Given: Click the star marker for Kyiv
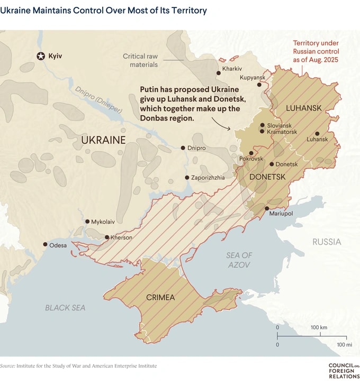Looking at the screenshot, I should (x=41, y=56).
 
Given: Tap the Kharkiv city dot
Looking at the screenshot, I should (x=218, y=73).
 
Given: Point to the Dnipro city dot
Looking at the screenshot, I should (x=183, y=148).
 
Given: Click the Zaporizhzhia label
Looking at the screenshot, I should (x=208, y=178).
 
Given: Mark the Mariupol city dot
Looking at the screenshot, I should (x=266, y=208).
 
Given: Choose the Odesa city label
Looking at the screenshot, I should (x=58, y=245).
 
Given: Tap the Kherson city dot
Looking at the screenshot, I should (x=107, y=237).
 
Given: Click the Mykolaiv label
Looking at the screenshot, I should (x=103, y=222).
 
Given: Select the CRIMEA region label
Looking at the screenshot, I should (x=160, y=297).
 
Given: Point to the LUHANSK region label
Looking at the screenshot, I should (x=303, y=108).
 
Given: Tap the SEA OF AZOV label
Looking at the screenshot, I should (x=239, y=260).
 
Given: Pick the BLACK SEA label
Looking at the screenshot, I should (x=65, y=307).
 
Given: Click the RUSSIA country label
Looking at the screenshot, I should (x=327, y=242).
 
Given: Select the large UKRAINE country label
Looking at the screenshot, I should (x=103, y=140).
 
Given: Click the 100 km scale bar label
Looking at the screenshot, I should (x=319, y=328).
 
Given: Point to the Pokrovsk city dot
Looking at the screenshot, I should (x=251, y=153).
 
